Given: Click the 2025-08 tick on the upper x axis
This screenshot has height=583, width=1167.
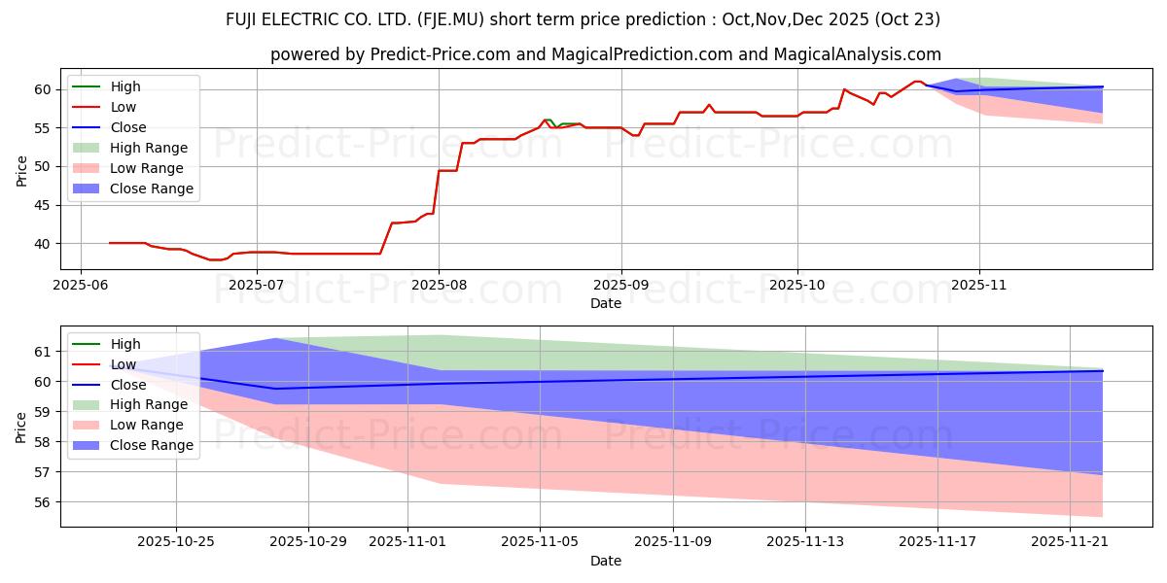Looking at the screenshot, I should [439, 287].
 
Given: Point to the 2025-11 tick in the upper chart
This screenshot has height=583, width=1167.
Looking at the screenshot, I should [979, 287].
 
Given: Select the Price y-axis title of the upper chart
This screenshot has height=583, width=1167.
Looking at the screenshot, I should [21, 170].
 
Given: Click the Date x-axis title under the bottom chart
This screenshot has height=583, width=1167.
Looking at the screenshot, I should [605, 561].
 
